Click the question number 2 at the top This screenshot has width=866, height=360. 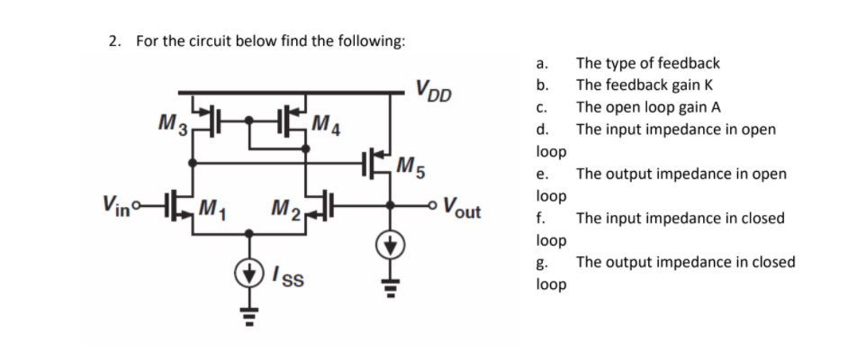point(114,41)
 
